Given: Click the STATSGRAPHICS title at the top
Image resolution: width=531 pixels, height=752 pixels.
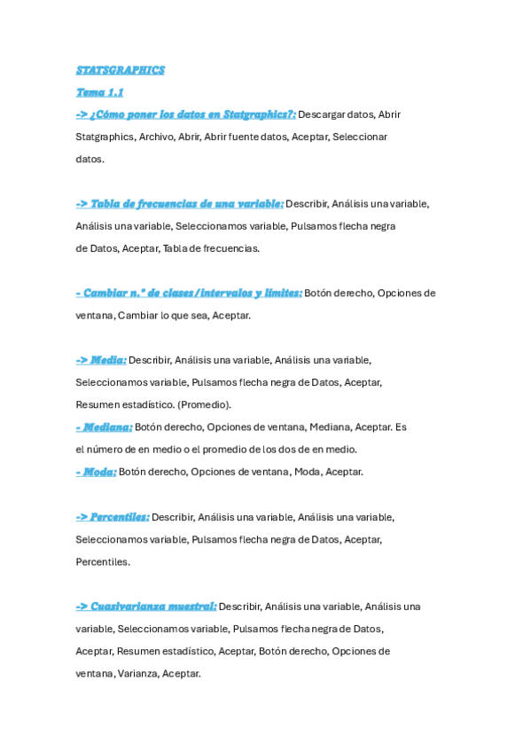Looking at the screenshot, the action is tap(120, 70).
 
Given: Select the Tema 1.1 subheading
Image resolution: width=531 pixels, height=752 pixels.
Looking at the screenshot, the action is tap(99, 92).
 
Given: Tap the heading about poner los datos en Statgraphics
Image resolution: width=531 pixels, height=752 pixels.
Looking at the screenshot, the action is tap(185, 114).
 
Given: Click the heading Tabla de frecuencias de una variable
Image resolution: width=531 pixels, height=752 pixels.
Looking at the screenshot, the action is tap(179, 204).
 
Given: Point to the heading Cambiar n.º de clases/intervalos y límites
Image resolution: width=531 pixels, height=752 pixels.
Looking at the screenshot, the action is tap(188, 293).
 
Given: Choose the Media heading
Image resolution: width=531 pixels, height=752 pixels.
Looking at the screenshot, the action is tap(101, 360).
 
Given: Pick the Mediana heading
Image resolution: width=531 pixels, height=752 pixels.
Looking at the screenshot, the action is tap(103, 427).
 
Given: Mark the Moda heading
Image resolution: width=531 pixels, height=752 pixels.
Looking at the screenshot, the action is tap(96, 472).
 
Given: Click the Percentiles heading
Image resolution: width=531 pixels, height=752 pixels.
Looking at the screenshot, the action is tap(112, 517).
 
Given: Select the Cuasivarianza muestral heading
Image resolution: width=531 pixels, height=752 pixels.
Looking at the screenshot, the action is tap(145, 607).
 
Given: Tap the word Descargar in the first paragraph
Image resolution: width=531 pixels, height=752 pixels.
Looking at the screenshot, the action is tap(323, 114).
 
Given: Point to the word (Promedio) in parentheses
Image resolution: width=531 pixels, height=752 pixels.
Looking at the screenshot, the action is tap(204, 404).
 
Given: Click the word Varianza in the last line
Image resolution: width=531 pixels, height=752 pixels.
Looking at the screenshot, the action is tap(137, 673).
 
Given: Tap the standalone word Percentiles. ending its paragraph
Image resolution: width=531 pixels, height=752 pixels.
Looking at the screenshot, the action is tap(103, 561).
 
